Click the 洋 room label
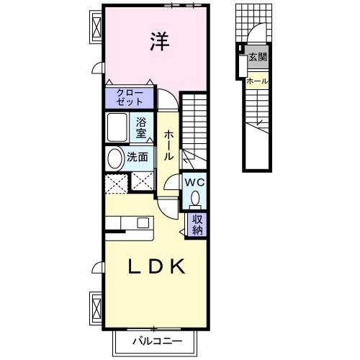click(160, 42)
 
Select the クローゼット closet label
click(130, 97)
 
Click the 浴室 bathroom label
click(142, 127)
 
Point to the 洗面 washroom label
click(138, 156)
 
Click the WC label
click(194, 183)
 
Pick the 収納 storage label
click(197, 224)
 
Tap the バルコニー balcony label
click(156, 341)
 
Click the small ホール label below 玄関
click(257, 81)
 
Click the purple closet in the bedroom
click(130, 97)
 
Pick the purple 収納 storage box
click(197, 225)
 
